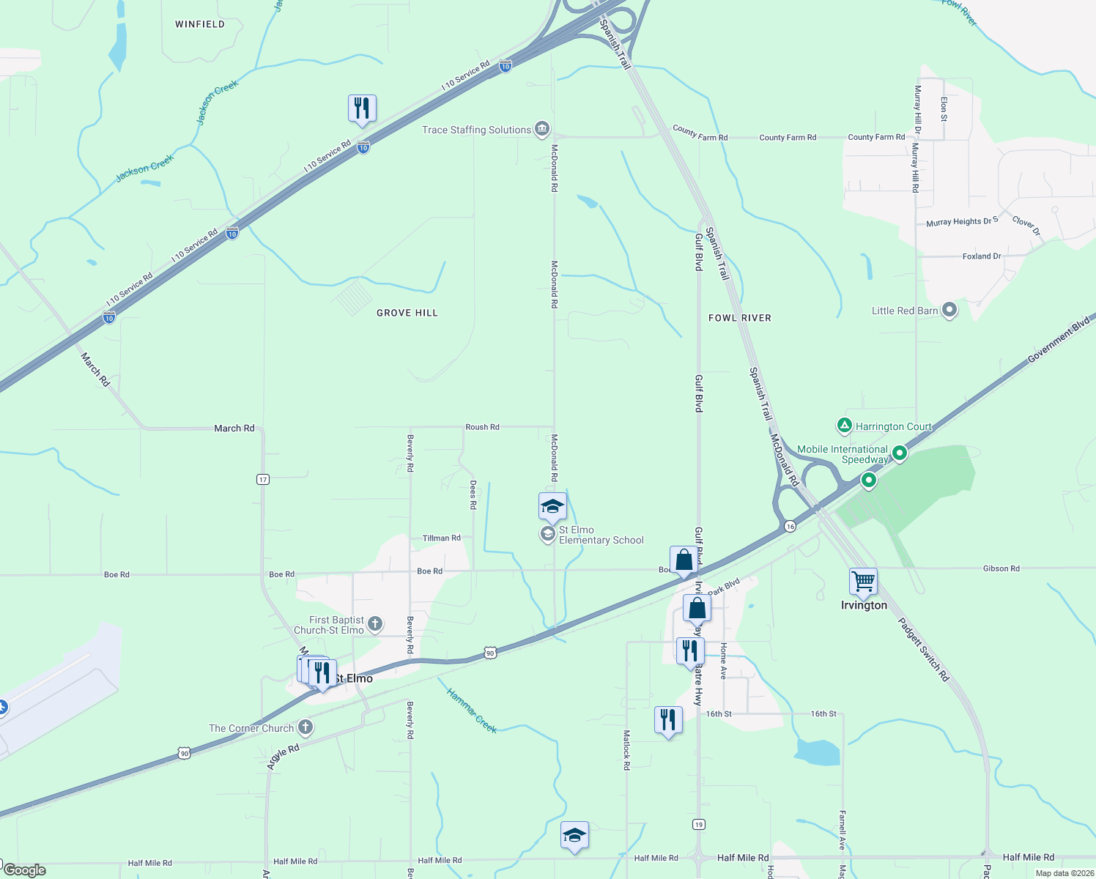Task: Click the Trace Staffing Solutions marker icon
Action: point(541,130)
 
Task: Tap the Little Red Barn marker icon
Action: point(949,311)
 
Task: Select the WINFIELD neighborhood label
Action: point(200,24)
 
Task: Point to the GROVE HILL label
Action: point(407,313)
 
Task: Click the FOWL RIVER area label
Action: point(740,318)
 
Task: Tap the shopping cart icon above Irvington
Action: point(864,582)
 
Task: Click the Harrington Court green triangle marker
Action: point(845,426)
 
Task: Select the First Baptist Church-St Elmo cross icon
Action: point(374,624)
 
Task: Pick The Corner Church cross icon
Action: point(306,728)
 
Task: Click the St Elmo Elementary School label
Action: point(601,535)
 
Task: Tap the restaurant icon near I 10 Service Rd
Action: point(362,108)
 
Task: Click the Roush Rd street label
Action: point(482,427)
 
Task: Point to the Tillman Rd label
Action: point(442,538)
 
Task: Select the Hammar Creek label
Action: point(472,711)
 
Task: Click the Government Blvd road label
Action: point(1059,339)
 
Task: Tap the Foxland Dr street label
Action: point(982,256)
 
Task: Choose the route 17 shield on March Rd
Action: point(263,480)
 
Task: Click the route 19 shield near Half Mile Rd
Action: point(699,825)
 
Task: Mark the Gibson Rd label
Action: point(1001,568)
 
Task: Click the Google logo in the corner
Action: point(25,870)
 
